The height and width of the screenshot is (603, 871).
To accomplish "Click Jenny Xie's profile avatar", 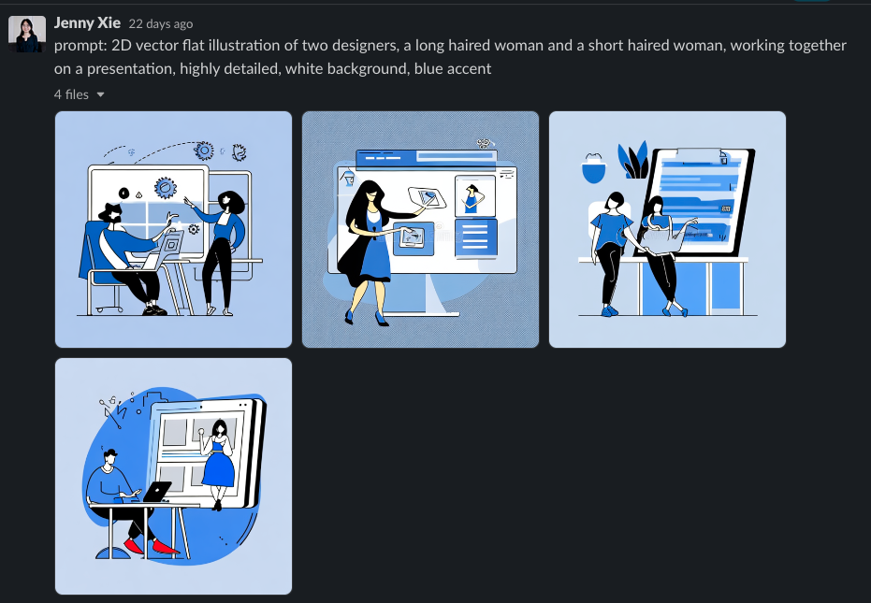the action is pyautogui.click(x=26, y=34).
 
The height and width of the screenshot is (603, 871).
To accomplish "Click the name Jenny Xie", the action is pyautogui.click(x=87, y=22).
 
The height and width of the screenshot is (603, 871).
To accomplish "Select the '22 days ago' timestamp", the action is pyautogui.click(x=161, y=24).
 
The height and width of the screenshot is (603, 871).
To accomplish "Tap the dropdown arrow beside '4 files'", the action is pyautogui.click(x=100, y=95).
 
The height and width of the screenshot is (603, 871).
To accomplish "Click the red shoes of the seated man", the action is pyautogui.click(x=151, y=545).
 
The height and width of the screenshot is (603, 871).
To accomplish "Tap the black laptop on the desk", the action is pyautogui.click(x=157, y=492).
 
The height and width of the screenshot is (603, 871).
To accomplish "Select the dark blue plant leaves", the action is pyautogui.click(x=633, y=160).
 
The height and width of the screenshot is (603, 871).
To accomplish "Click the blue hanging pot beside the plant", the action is pyautogui.click(x=594, y=169).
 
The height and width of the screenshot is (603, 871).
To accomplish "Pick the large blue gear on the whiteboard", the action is pyautogui.click(x=165, y=188).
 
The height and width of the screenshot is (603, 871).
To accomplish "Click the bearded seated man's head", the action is pyautogui.click(x=110, y=214).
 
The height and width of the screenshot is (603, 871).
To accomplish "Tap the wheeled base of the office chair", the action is pyautogui.click(x=109, y=307).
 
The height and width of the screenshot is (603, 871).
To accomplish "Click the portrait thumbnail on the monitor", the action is pyautogui.click(x=475, y=196).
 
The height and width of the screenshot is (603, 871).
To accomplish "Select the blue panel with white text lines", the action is pyautogui.click(x=475, y=238).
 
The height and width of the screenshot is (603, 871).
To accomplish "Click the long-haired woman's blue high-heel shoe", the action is pyautogui.click(x=382, y=319).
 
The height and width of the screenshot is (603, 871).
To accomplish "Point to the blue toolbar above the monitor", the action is pyautogui.click(x=426, y=158).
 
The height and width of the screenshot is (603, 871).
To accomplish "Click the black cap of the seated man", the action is pyautogui.click(x=110, y=452).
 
